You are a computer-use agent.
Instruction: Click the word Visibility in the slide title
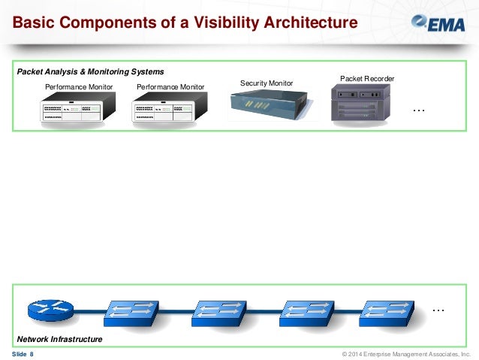coord(224,24)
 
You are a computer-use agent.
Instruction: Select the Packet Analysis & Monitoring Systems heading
coord(90,71)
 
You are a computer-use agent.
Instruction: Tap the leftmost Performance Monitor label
coord(79,87)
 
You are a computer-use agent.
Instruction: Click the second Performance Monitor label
coord(170,87)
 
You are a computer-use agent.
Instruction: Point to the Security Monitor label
coord(267,83)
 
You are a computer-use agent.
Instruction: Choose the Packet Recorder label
coord(367,78)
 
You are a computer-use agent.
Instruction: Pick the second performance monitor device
coord(170,111)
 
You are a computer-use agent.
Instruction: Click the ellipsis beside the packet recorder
coord(419,111)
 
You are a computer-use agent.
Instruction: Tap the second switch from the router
coord(218,309)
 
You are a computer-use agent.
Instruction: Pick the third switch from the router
coord(303,309)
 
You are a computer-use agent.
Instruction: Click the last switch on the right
coord(388,309)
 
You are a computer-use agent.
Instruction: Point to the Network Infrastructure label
coord(59,340)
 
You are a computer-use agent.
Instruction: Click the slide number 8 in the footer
coord(32,354)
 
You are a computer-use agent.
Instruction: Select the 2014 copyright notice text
coord(405,354)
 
